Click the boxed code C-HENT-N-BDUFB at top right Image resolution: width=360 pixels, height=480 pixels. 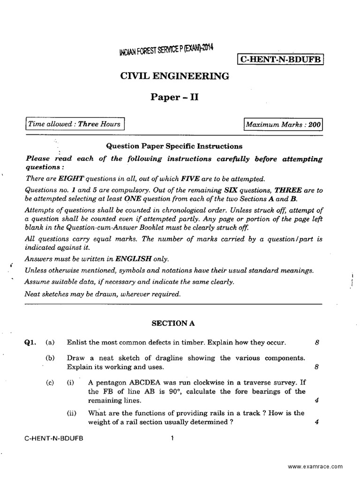281,60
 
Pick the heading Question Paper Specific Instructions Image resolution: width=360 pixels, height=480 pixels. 174,146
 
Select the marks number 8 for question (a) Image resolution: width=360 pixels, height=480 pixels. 317,343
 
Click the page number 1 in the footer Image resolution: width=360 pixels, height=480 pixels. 172,439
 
